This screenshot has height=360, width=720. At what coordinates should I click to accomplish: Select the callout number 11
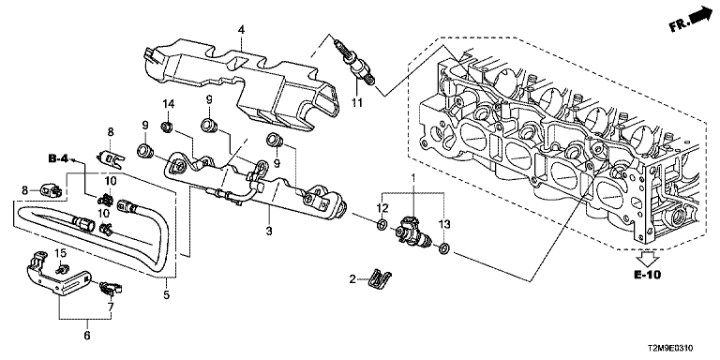click(357, 103)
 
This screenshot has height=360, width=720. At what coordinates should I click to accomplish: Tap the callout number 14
click(168, 104)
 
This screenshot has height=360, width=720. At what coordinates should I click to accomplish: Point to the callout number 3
click(269, 231)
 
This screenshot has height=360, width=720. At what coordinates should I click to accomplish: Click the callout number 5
click(166, 294)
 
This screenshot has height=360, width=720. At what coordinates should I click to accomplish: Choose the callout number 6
click(87, 337)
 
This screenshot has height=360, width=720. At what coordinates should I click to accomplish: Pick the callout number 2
click(352, 278)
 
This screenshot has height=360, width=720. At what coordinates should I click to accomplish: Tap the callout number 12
click(382, 207)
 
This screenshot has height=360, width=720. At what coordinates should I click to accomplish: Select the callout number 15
click(61, 252)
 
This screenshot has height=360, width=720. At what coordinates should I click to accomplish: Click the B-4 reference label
click(58, 158)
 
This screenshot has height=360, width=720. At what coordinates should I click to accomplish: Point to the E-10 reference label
click(648, 275)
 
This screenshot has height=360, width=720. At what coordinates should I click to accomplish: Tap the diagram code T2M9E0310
click(672, 349)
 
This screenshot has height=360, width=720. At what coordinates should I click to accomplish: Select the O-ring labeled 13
click(444, 249)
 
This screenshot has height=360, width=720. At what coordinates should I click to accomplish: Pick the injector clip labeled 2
click(380, 277)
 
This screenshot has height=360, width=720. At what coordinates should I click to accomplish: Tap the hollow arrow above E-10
click(648, 259)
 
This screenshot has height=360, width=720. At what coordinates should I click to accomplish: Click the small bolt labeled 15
click(59, 268)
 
